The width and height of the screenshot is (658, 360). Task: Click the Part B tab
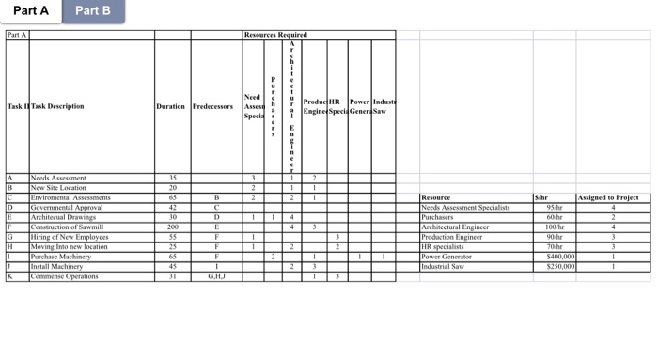click(93, 11)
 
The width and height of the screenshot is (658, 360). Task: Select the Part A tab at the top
click(31, 11)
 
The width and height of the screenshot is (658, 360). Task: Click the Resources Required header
click(274, 35)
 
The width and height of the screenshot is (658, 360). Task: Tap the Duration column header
click(171, 106)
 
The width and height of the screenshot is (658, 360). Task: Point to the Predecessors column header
click(212, 106)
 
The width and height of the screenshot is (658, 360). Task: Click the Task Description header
click(57, 106)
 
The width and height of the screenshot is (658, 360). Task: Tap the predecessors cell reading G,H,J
click(216, 277)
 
